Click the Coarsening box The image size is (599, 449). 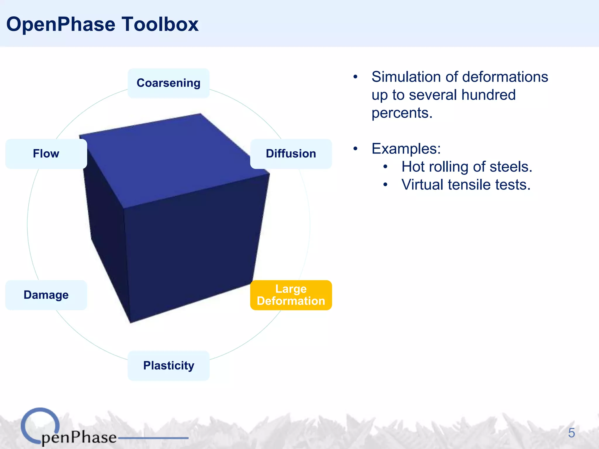(x=168, y=83)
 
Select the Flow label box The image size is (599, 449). (x=46, y=154)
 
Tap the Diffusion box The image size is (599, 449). (x=291, y=154)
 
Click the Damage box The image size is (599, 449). (x=46, y=295)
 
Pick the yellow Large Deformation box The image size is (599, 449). (x=291, y=295)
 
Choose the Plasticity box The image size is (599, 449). (x=168, y=366)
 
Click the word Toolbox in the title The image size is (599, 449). (x=160, y=24)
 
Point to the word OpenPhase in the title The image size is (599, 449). (x=61, y=24)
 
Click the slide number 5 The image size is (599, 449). (x=571, y=433)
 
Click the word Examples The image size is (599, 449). (x=406, y=149)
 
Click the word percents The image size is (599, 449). (x=402, y=113)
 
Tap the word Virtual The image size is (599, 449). (x=422, y=185)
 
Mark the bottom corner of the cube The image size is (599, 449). (x=130, y=322)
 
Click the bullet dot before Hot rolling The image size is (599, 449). (x=385, y=167)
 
